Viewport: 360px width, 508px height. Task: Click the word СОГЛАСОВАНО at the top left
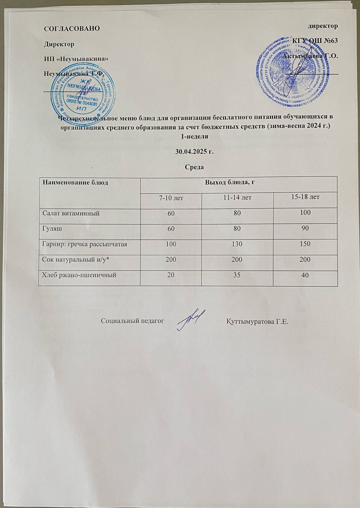71,28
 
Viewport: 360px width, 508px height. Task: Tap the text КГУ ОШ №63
315,41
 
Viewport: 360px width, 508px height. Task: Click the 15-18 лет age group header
305,197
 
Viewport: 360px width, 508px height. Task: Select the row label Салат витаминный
71,213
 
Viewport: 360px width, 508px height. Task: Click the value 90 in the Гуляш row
305,228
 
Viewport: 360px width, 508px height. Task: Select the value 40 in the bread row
305,275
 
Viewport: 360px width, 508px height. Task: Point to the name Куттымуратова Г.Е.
257,321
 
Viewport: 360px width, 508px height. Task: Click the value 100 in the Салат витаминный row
305,213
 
